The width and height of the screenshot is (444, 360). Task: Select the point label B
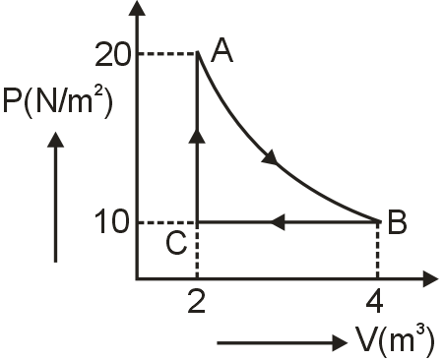coord(397,222)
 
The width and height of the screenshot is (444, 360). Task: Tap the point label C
coord(176,243)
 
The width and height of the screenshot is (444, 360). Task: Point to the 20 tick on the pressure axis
coord(112,54)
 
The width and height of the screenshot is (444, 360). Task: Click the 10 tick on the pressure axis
coord(111,222)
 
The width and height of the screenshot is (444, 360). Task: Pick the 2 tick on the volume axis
coord(197,301)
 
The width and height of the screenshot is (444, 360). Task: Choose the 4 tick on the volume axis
coord(374,301)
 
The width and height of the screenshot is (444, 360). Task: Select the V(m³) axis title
coord(396,340)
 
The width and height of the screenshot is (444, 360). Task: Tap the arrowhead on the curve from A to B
coord(271,157)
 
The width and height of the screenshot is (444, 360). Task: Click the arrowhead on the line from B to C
coord(278,222)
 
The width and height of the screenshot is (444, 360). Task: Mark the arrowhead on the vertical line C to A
coord(197,136)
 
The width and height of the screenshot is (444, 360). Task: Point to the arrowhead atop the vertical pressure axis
coord(137,8)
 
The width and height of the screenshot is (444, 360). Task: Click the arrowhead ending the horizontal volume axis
coord(430,279)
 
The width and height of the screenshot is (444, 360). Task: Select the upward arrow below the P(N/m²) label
coord(56,197)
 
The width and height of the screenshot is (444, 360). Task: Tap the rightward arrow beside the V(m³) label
coord(282,343)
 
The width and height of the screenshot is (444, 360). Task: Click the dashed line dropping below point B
coord(378,251)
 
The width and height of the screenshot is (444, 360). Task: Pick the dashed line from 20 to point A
coord(167,53)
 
